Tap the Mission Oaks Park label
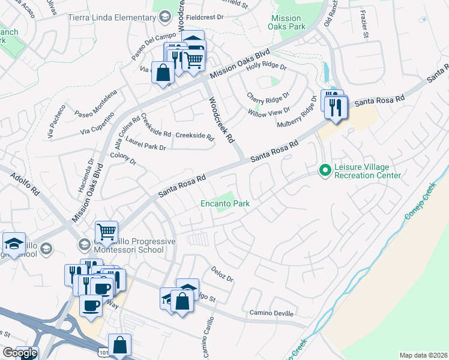[286, 23]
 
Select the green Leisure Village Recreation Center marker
[325, 171]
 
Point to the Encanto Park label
[225, 204]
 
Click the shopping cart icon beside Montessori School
[106, 231]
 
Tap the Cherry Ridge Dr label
[268, 96]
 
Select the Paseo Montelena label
[95, 104]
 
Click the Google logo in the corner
[19, 353]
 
